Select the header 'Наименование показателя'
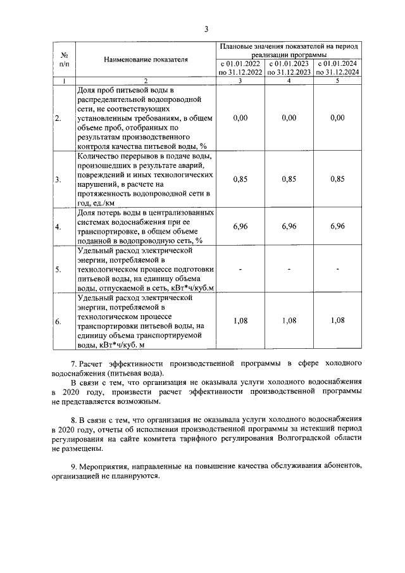pos(146,60)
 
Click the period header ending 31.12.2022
pos(240,68)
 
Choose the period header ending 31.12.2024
pos(338,68)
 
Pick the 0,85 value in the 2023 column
pos(289,179)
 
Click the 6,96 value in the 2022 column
pos(240,225)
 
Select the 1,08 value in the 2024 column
pos(338,320)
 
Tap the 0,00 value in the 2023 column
pos(289,118)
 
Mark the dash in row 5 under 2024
pos(338,270)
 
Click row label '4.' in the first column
pos(58,226)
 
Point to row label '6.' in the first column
pos(58,321)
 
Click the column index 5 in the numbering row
pos(338,80)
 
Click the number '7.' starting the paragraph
pos(73,365)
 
